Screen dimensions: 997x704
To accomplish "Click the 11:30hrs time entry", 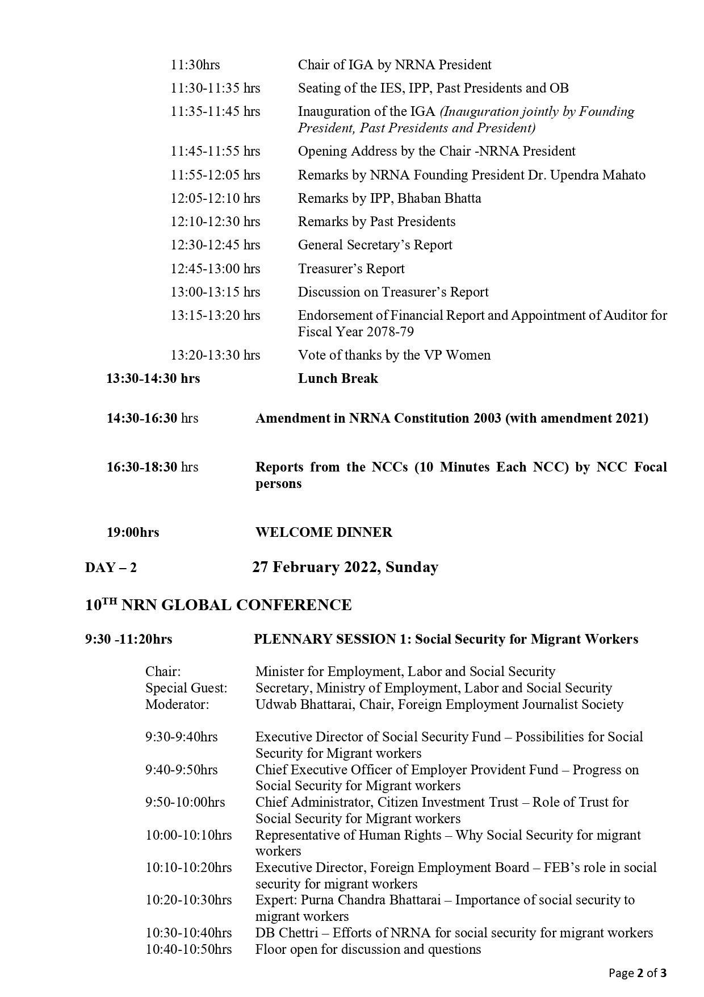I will tap(195, 65).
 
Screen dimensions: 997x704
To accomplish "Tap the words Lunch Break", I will tap(338, 378).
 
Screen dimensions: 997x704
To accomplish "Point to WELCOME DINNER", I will tap(324, 532).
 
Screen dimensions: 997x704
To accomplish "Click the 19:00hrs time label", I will tap(133, 532).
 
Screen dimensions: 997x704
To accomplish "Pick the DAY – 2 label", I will tap(111, 568).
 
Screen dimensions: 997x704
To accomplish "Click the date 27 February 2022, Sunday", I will tap(345, 568).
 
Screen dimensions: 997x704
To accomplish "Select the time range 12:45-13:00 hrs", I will tap(215, 269).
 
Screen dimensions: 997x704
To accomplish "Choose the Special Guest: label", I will tap(186, 688).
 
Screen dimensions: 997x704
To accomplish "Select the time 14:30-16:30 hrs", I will tap(152, 419).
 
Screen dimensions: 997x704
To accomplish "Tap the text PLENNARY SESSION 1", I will tap(332, 639).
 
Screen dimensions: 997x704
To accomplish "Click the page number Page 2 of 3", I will tap(638, 973).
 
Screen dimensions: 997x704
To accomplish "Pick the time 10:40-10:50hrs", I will tap(188, 949).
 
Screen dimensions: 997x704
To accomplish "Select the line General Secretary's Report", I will tap(375, 245).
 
